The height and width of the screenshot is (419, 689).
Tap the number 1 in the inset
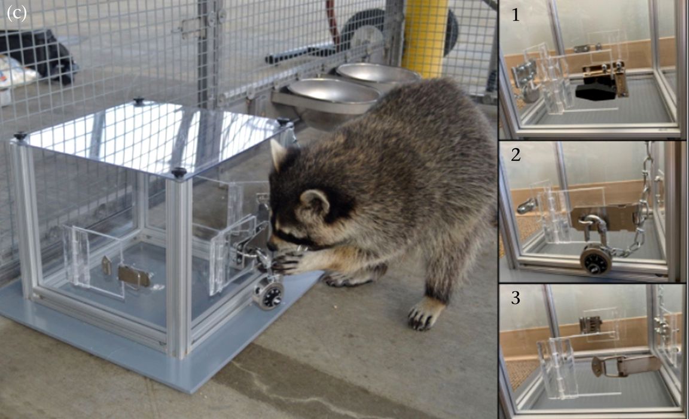point(516,15)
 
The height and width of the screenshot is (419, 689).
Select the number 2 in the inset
point(516,155)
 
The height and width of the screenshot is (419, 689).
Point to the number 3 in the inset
point(516,297)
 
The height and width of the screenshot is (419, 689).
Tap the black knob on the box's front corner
point(179,172)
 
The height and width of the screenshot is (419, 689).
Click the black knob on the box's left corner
point(20,136)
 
